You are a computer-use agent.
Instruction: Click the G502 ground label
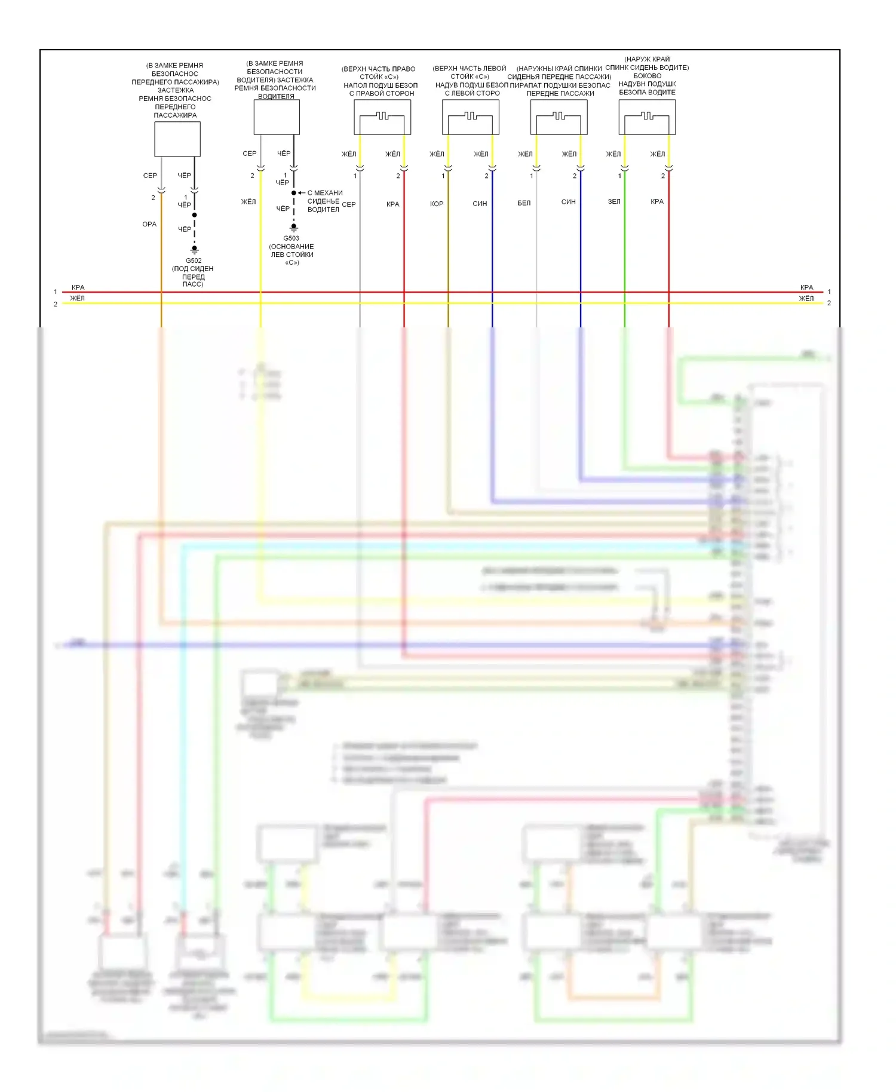point(194,260)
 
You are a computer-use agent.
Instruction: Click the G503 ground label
point(291,238)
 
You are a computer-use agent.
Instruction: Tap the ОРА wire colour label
point(149,224)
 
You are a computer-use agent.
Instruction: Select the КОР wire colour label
point(437,204)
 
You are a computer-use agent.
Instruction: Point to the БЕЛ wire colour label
point(524,203)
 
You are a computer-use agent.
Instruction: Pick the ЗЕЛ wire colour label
point(614,201)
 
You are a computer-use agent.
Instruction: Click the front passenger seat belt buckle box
point(177,139)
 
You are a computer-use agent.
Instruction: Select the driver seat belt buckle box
point(277,117)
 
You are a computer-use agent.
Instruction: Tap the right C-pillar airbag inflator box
point(382,117)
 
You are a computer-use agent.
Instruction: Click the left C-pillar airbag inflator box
point(471,117)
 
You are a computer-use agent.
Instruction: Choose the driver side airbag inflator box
point(647,117)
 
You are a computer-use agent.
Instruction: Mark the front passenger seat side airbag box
point(559,117)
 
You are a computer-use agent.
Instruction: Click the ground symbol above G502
point(194,250)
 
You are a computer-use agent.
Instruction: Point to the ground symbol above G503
point(294,228)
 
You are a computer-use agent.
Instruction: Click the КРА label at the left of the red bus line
point(78,287)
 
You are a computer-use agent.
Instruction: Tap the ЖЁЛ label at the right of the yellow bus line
point(806,299)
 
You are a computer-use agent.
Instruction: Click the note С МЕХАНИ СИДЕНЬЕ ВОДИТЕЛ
point(324,201)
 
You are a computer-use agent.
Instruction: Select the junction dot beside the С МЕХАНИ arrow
point(294,193)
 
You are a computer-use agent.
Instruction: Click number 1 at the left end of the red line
point(56,292)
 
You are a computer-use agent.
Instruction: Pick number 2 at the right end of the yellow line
point(829,303)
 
